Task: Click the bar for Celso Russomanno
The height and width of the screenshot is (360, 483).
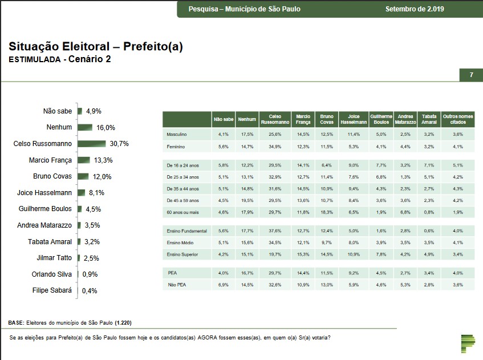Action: pos(91,144)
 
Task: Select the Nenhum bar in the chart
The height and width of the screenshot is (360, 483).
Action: pos(84,128)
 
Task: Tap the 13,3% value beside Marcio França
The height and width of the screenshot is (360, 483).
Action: pos(101,160)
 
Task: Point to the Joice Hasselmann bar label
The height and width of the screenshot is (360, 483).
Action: pos(45,193)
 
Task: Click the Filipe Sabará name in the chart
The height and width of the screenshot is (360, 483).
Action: pos(52,290)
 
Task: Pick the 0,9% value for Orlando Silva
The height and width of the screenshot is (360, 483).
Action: pos(90,274)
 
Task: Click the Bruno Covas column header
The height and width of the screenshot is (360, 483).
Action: pos(326,119)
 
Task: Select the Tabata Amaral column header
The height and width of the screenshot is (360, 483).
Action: pos(429,119)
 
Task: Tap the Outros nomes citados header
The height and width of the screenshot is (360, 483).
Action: pos(458,119)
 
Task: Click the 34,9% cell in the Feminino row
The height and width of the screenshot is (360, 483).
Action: pos(275,147)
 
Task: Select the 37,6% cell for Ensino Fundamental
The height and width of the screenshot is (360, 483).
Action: pos(275,230)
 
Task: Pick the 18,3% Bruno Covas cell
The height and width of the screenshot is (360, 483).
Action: pos(326,212)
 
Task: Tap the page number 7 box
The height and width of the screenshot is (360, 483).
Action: pos(471,75)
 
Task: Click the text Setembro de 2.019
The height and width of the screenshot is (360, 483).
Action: pos(415,9)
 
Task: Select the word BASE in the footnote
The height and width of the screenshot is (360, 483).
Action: pos(15,323)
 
